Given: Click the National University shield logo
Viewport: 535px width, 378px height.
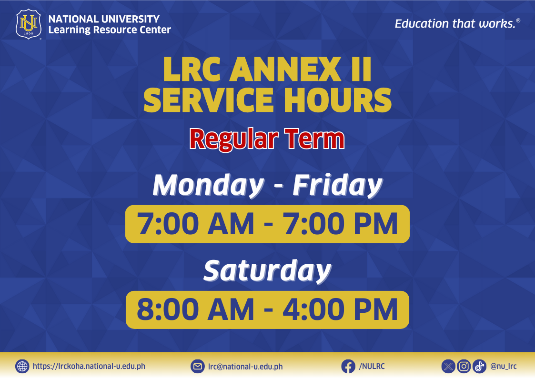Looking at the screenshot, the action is pyautogui.click(x=29, y=24).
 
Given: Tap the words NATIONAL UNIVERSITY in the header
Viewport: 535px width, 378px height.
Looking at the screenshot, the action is pyautogui.click(x=104, y=19).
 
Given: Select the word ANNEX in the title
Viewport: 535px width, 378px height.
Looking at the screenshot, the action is pyautogui.click(x=285, y=70).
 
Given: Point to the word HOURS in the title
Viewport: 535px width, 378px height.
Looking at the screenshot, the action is pyautogui.click(x=338, y=100).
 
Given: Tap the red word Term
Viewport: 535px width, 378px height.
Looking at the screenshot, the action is pyautogui.click(x=314, y=139).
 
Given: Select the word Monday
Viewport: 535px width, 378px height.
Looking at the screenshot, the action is pyautogui.click(x=209, y=185).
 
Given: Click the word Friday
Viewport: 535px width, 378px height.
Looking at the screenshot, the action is pyautogui.click(x=337, y=185).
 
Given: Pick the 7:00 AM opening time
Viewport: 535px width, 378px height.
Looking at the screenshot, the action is pyautogui.click(x=195, y=224).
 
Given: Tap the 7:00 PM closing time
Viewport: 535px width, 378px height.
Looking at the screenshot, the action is pyautogui.click(x=341, y=224).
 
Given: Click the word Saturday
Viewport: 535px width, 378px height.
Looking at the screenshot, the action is pyautogui.click(x=267, y=271).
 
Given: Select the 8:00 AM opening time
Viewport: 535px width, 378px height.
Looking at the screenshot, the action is pyautogui.click(x=195, y=309).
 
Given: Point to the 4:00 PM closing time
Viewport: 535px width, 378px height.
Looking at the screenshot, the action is pyautogui.click(x=341, y=309).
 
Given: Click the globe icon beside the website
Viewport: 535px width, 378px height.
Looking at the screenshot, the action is pyautogui.click(x=22, y=367).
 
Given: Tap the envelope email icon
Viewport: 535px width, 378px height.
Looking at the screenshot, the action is pyautogui.click(x=198, y=367).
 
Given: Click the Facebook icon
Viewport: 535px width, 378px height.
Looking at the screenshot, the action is pyautogui.click(x=348, y=367).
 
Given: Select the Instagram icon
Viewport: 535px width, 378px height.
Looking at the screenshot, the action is pyautogui.click(x=464, y=367).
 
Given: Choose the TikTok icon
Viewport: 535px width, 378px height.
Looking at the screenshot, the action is pyautogui.click(x=479, y=367).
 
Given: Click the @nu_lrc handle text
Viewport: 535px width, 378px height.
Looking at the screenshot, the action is pyautogui.click(x=504, y=367).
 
